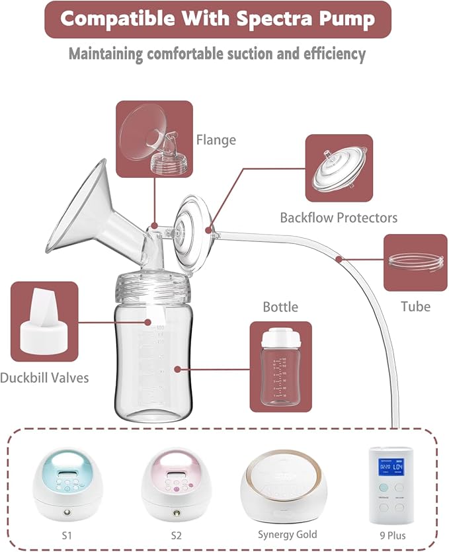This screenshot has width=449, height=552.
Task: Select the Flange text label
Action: (x=216, y=139)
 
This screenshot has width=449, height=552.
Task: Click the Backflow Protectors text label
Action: (x=339, y=217)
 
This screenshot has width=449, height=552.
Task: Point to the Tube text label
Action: (x=415, y=306)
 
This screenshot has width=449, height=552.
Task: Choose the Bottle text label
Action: (x=280, y=307)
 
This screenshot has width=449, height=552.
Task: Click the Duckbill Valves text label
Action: (x=44, y=377)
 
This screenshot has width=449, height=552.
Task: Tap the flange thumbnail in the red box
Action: (x=154, y=139)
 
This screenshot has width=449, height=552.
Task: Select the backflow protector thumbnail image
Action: (x=339, y=168)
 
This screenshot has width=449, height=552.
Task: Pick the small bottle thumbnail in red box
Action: (x=281, y=366)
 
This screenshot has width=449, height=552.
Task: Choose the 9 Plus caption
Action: (x=395, y=535)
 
